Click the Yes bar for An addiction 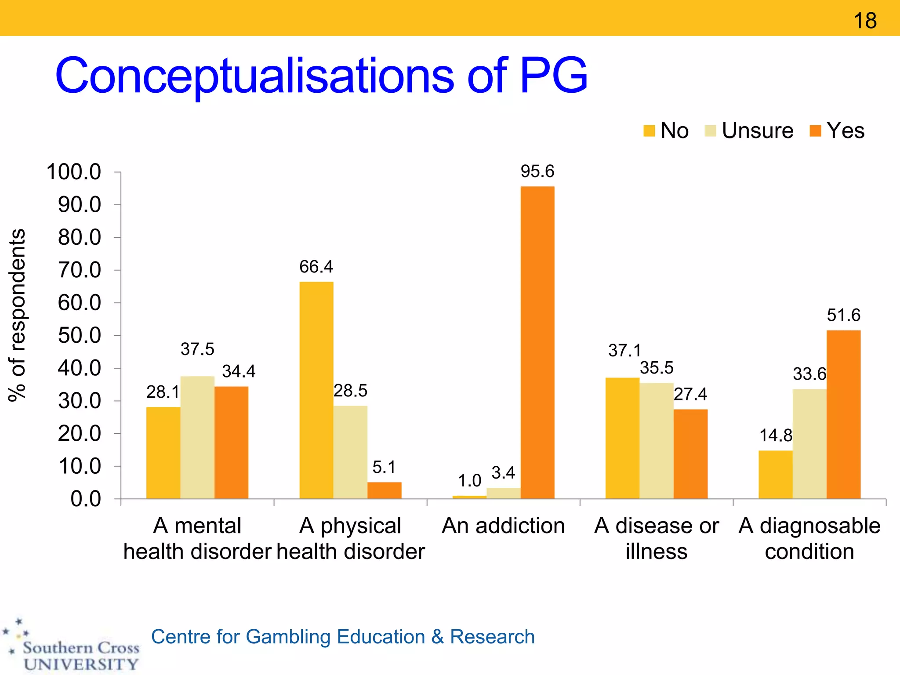coord(537,343)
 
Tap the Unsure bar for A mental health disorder coord(197,437)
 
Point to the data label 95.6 coord(537,171)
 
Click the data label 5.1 coord(384,467)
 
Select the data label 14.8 coord(776,435)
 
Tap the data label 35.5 coord(657,368)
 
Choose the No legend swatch coord(649,131)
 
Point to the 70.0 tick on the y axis coord(80,270)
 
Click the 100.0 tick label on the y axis coord(74,172)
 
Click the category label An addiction coord(503,526)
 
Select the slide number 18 coord(865,21)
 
